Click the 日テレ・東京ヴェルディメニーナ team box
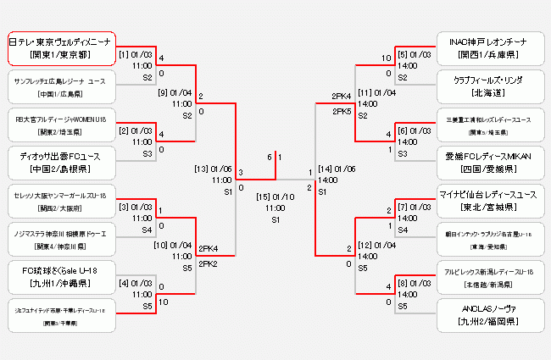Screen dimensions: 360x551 pyautogui.click(x=61, y=47)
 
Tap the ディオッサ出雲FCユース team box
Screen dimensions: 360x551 pyautogui.click(x=61, y=161)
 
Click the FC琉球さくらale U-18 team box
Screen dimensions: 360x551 pyautogui.click(x=61, y=277)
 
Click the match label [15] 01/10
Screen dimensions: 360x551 pyautogui.click(x=275, y=197)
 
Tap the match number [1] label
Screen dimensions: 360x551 pyautogui.click(x=124, y=54)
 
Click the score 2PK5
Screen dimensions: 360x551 pyautogui.click(x=342, y=111)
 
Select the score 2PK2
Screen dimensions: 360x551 pyautogui.click(x=209, y=264)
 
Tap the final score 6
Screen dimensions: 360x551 pyautogui.click(x=269, y=157)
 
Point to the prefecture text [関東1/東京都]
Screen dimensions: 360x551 pyautogui.click(x=61, y=54)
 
